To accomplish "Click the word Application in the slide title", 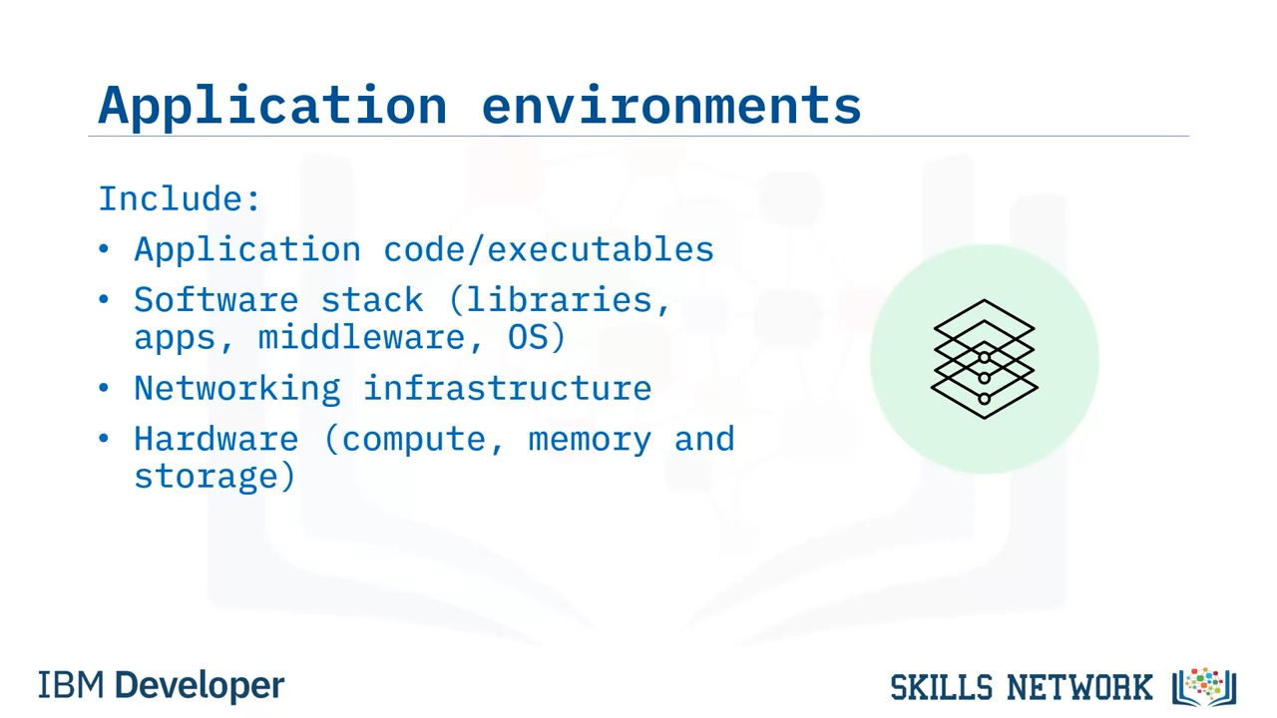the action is pyautogui.click(x=272, y=106).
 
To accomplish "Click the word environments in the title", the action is pyautogui.click(x=671, y=105).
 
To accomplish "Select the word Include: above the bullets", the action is pyautogui.click(x=179, y=198).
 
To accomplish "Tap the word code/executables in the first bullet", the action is pyautogui.click(x=549, y=249).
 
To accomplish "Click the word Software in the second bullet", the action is pyautogui.click(x=216, y=299).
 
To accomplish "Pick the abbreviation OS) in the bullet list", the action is pyautogui.click(x=537, y=337).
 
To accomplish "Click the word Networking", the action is pyautogui.click(x=237, y=388).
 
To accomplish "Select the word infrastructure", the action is pyautogui.click(x=508, y=388).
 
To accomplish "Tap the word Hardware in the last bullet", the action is pyautogui.click(x=216, y=439).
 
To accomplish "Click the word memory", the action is pyautogui.click(x=590, y=441).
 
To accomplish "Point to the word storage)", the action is pyautogui.click(x=214, y=476).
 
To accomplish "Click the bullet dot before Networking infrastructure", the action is pyautogui.click(x=103, y=388).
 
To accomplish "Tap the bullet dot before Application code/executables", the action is pyautogui.click(x=103, y=248).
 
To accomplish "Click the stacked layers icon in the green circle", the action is pyautogui.click(x=984, y=359).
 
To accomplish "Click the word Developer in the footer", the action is pyautogui.click(x=200, y=686).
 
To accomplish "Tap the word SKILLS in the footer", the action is pyautogui.click(x=941, y=687).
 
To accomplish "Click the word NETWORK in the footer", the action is pyautogui.click(x=1079, y=687).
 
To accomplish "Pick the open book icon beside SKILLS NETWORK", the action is pyautogui.click(x=1204, y=687).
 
